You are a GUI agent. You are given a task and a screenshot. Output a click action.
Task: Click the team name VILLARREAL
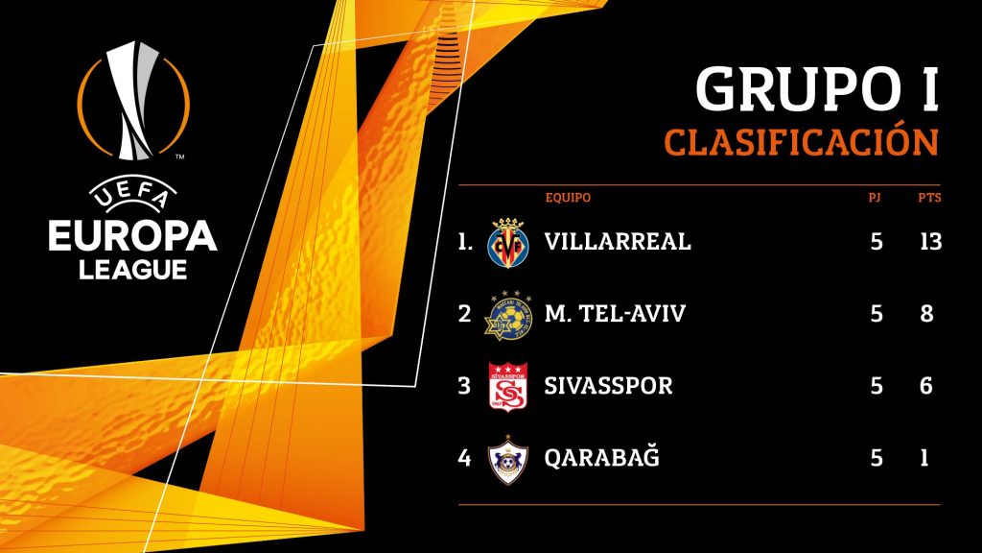618,241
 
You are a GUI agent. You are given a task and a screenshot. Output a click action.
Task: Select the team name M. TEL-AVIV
615,314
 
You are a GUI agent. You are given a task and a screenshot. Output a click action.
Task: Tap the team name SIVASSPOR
608,386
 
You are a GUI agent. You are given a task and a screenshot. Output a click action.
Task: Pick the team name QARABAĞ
601,458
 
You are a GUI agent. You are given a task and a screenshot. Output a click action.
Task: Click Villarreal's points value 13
928,241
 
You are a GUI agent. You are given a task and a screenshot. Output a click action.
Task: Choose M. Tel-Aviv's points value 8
926,314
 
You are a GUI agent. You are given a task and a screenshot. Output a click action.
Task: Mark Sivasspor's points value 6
926,386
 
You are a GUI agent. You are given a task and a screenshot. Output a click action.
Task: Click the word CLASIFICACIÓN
800,142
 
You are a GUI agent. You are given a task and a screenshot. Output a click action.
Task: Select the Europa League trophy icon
133,99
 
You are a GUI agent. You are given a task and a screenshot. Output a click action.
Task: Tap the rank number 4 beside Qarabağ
465,458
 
